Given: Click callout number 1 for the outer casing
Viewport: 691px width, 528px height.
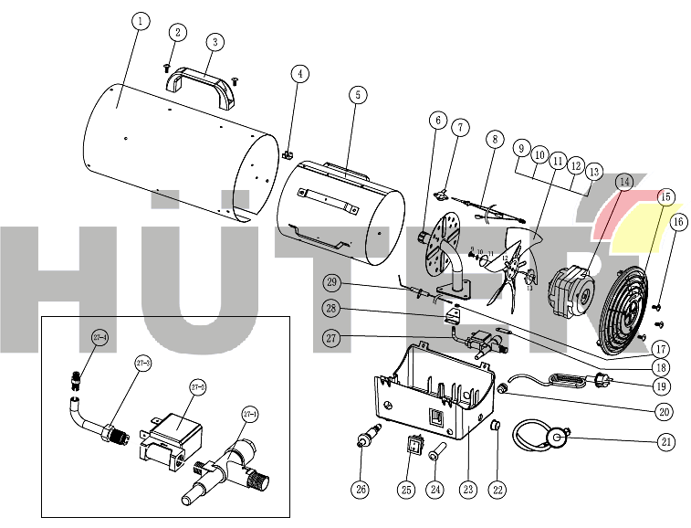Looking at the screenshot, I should [x=138, y=20].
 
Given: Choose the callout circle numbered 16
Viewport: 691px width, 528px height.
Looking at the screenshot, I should [x=676, y=222].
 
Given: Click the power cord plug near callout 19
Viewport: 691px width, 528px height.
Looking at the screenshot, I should [x=600, y=381].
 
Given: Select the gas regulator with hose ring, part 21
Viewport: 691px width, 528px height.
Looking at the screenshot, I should [x=544, y=439].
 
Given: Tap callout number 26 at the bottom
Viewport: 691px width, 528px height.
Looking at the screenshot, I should [x=361, y=490].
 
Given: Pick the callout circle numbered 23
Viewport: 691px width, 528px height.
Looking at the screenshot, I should [x=468, y=490].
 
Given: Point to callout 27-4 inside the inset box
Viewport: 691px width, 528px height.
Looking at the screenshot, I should [x=99, y=338].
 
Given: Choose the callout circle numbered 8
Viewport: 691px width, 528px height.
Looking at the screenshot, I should [x=494, y=140].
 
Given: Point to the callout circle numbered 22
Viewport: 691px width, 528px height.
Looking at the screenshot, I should [x=497, y=490].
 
